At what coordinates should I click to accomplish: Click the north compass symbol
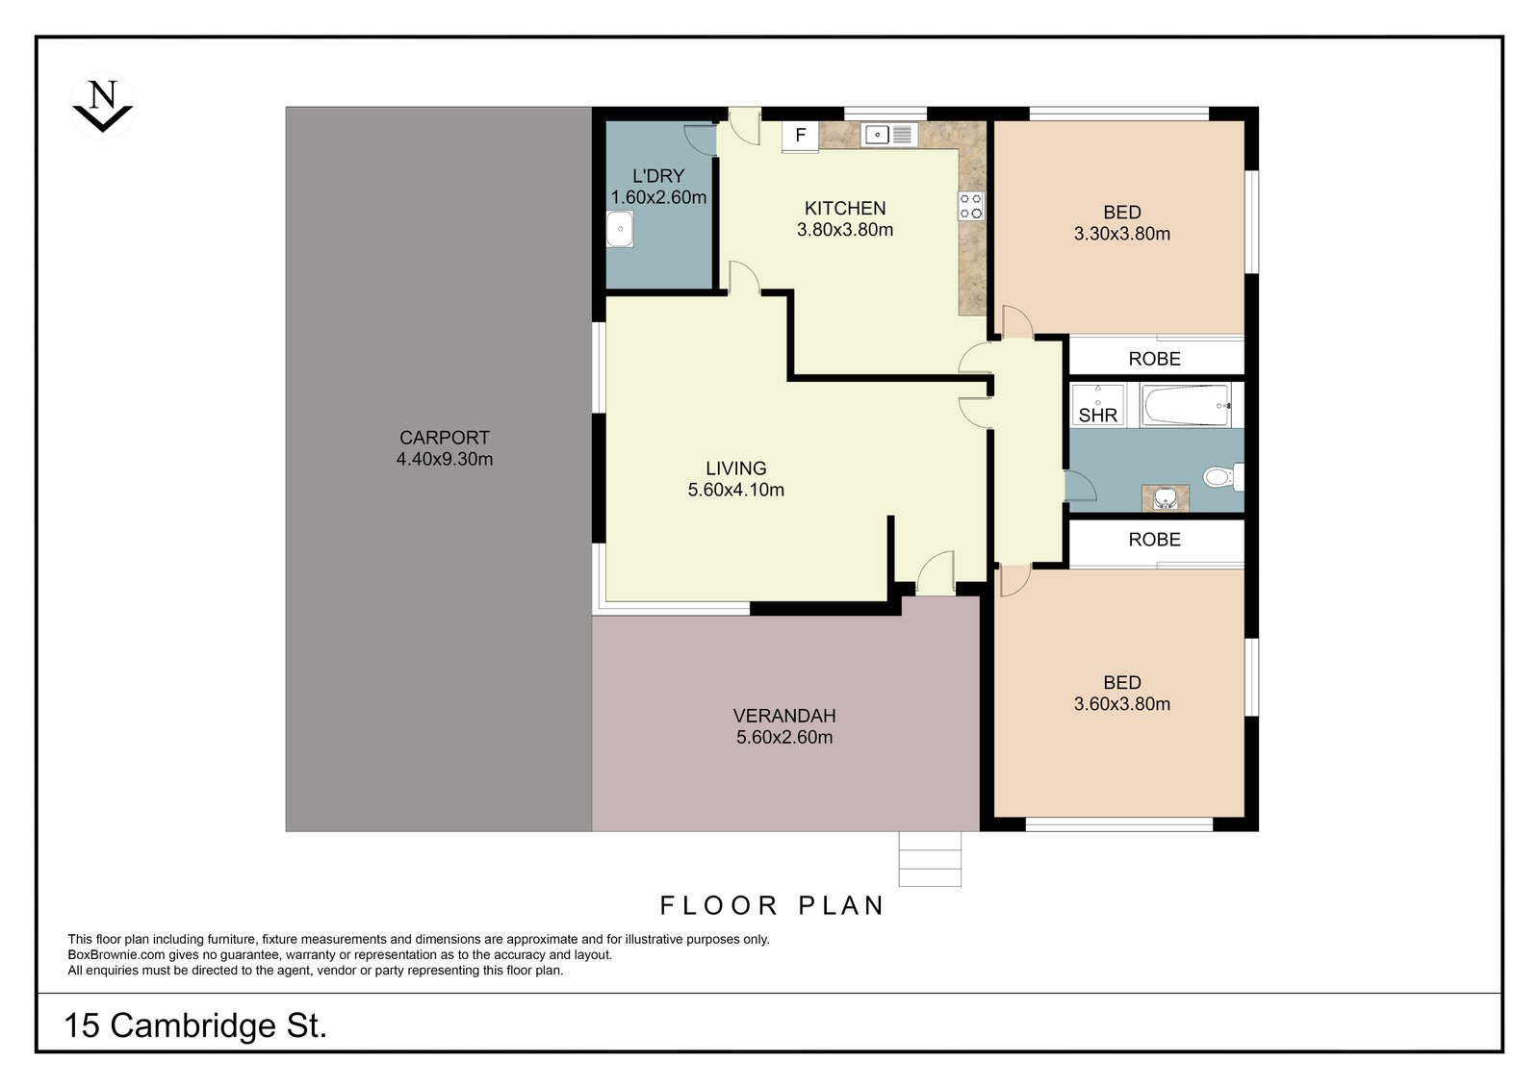coord(103,106)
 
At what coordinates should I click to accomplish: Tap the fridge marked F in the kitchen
coord(800,136)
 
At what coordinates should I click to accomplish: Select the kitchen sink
coord(888,135)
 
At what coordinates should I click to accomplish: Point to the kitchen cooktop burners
coord(971,206)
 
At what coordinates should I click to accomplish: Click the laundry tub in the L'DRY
coord(620,229)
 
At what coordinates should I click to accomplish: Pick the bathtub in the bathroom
coord(1186,406)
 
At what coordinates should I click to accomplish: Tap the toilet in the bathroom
coord(1223,477)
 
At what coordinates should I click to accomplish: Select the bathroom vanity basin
coord(1165,498)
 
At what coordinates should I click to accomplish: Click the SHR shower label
coord(1097,416)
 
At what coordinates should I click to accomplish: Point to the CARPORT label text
coord(444,438)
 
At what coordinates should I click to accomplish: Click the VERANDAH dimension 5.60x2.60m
coord(784,738)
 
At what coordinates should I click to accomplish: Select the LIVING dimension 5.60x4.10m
coord(735,490)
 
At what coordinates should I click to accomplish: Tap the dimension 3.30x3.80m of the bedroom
coord(1122,234)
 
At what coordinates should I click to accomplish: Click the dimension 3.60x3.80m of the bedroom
coord(1122,704)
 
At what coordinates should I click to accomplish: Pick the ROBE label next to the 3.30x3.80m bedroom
coord(1154,359)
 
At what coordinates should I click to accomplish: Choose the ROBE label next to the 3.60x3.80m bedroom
coord(1154,540)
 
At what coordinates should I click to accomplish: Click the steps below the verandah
coord(930,859)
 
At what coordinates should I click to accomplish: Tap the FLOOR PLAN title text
coord(772,906)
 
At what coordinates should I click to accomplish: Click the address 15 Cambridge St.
coord(195,1026)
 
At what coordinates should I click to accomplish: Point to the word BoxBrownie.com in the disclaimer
coord(116,954)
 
